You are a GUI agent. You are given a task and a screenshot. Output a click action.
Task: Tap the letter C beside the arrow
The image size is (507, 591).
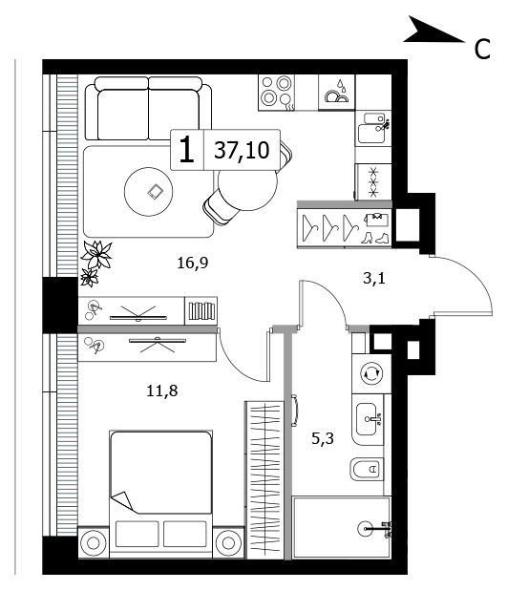(482, 49)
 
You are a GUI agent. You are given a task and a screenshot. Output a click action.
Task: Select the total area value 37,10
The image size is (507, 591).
(242, 150)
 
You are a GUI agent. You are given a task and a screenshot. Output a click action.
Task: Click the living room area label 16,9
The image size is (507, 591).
(193, 263)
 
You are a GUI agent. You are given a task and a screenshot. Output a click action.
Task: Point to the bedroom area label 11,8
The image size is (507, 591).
(161, 390)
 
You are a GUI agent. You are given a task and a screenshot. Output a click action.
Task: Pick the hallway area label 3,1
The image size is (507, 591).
(374, 278)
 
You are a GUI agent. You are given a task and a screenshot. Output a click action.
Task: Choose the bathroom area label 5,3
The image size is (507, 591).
(323, 438)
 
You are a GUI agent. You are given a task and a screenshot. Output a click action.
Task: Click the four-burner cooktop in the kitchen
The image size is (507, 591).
(277, 93)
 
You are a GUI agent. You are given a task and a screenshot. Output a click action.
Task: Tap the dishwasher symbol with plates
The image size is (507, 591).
(337, 93)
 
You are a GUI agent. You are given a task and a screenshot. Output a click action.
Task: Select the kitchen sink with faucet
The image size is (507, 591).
(373, 127)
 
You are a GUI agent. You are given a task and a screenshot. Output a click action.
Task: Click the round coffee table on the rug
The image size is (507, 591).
(149, 192)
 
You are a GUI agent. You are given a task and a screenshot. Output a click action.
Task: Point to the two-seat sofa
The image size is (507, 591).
(148, 109)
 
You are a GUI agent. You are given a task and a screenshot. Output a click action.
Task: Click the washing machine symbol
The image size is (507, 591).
(371, 373)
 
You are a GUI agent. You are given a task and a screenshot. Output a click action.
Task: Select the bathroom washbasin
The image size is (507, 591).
(368, 419)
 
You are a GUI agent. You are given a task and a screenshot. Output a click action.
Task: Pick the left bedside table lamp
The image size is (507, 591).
(94, 543)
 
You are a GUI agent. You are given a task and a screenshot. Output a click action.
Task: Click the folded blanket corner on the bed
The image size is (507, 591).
(123, 502)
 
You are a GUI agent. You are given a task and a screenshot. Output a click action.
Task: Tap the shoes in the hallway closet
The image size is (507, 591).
(374, 238)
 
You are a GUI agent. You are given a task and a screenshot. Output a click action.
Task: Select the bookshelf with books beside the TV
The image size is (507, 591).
(201, 311)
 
